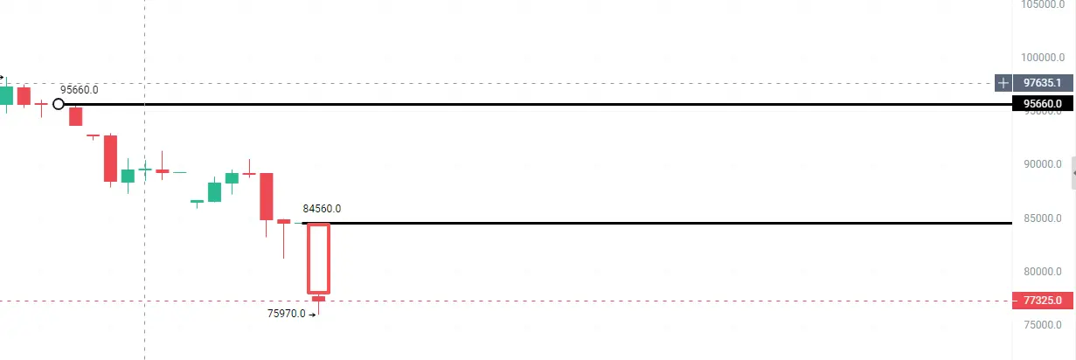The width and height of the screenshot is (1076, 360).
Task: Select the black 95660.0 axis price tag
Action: tap(1043, 104)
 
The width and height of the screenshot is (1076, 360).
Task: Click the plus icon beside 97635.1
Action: tap(1003, 83)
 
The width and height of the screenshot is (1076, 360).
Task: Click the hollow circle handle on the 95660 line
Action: tap(59, 104)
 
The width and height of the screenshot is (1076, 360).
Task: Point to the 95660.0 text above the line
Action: tap(79, 89)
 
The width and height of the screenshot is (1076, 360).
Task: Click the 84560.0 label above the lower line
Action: tap(322, 209)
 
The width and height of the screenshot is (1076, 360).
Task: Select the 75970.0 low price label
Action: tap(286, 313)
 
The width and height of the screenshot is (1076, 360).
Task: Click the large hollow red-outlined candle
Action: tap(318, 259)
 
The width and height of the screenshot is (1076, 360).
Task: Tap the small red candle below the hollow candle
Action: tap(318, 300)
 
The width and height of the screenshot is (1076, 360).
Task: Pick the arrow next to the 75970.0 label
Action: tap(312, 314)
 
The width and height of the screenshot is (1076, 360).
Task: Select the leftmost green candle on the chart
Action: tap(6, 95)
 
